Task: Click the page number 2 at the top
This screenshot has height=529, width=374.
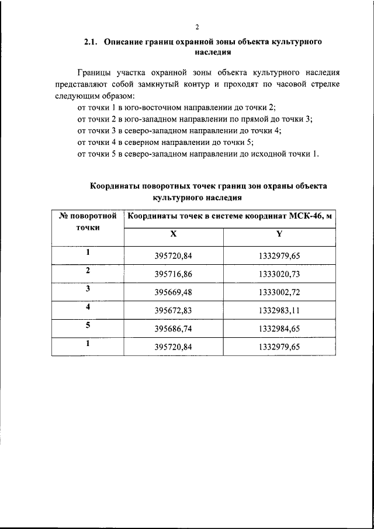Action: [x=198, y=27]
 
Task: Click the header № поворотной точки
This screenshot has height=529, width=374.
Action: [x=88, y=222]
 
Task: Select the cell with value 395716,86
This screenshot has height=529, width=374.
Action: [x=173, y=274]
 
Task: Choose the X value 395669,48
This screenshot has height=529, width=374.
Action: [x=173, y=292]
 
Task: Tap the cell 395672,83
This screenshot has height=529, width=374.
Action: [x=173, y=310]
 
